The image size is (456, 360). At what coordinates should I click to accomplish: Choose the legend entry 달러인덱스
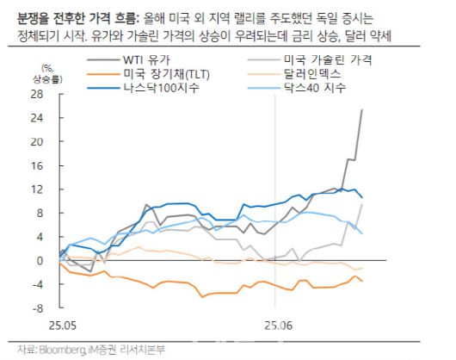pos(309,75)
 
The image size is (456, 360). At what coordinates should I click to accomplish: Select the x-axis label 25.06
pos(275,327)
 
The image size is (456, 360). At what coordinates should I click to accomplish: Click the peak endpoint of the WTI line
pos(361,109)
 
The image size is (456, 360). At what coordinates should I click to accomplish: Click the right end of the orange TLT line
pos(362,281)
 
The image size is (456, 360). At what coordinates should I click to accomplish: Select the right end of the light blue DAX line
pos(362,233)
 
